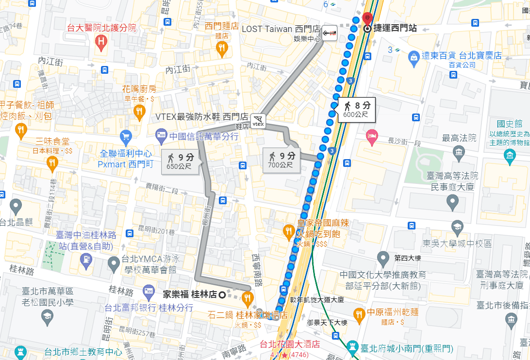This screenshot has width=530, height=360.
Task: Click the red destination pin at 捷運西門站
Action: pos(367,18)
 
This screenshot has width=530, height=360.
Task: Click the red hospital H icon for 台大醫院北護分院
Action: pos(101,42)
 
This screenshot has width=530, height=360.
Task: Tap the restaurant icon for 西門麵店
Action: pos(222,48)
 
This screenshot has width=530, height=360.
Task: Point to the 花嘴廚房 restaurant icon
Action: pos(139,112)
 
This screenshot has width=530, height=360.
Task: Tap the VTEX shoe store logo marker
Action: pos(259,120)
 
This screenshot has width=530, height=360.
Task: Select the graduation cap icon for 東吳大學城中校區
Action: pos(457,227)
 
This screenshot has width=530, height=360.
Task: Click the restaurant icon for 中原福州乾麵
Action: pos(359,313)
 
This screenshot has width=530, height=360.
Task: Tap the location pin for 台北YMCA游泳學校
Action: pos(114,264)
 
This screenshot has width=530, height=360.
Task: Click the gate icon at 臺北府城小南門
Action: pos(352,348)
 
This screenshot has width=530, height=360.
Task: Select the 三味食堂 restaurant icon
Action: pos(52,163)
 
